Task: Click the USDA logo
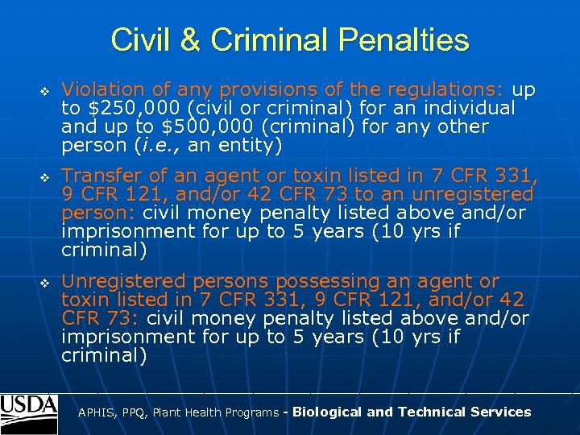pyautogui.click(x=29, y=412)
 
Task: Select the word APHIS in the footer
pyautogui.click(x=95, y=412)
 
